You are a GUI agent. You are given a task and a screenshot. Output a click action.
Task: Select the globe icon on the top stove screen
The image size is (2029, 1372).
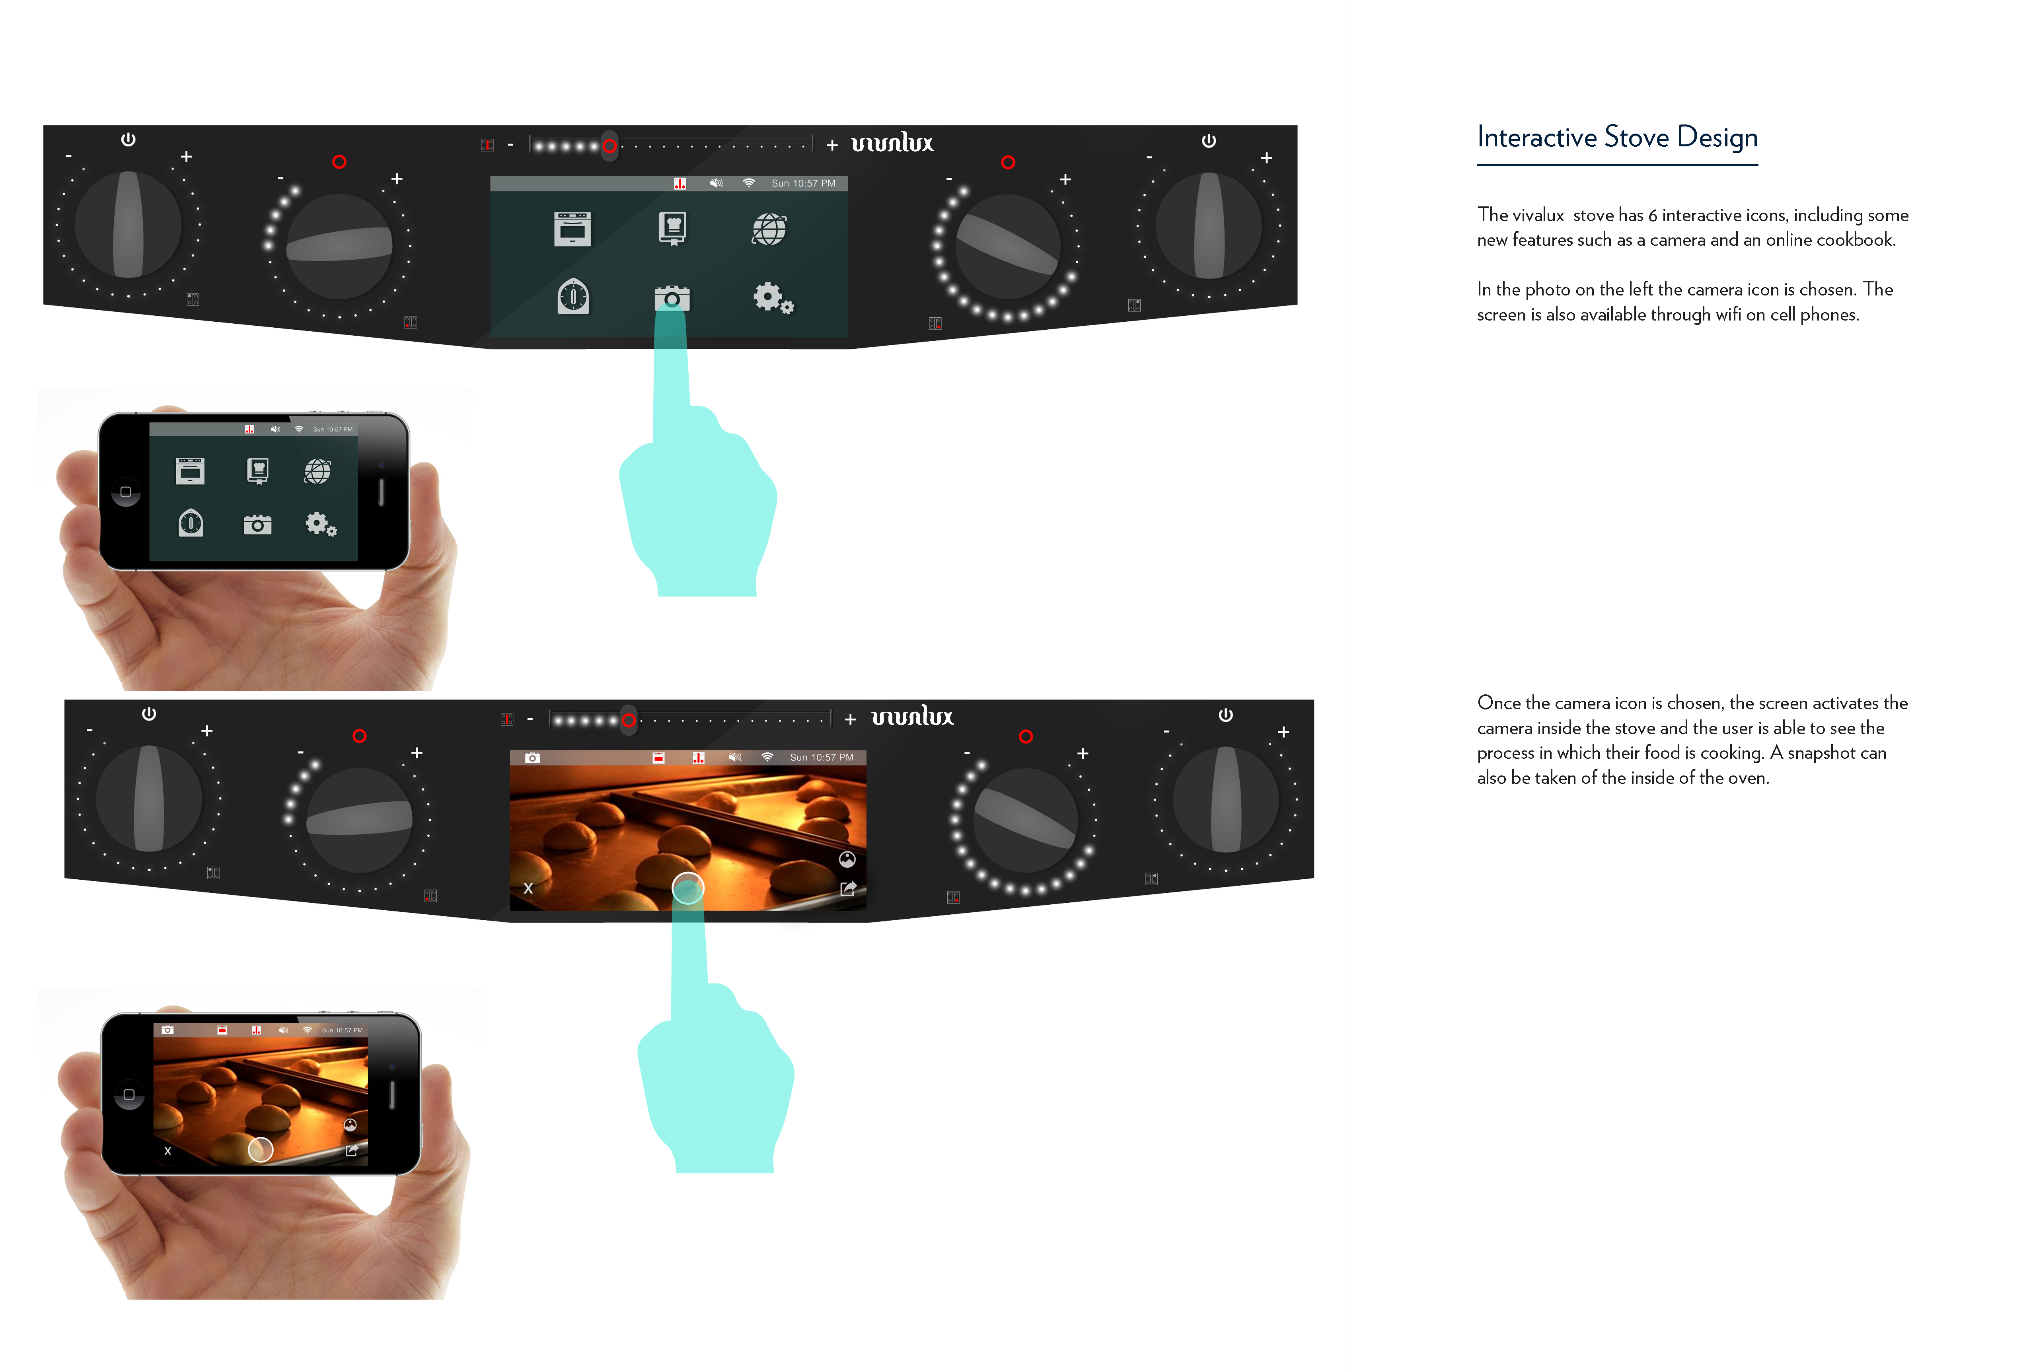[x=769, y=229]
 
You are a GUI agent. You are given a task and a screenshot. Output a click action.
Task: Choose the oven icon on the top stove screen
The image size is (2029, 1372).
[x=573, y=229]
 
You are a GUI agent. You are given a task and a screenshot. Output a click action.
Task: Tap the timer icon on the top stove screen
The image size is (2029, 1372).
[x=574, y=297]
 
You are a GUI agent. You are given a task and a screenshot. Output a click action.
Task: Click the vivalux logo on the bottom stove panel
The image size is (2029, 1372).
[x=912, y=717]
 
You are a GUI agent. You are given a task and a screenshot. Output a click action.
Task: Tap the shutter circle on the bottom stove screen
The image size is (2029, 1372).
[x=688, y=888]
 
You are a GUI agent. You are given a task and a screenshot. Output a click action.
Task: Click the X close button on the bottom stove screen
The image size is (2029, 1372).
[x=528, y=888]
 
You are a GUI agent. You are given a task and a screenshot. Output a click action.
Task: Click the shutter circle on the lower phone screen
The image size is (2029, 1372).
[x=260, y=1149]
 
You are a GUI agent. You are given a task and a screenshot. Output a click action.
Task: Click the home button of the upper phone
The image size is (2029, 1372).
[x=126, y=492]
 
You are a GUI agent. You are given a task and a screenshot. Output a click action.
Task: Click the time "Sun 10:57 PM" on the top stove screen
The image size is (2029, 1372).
[x=803, y=183]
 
